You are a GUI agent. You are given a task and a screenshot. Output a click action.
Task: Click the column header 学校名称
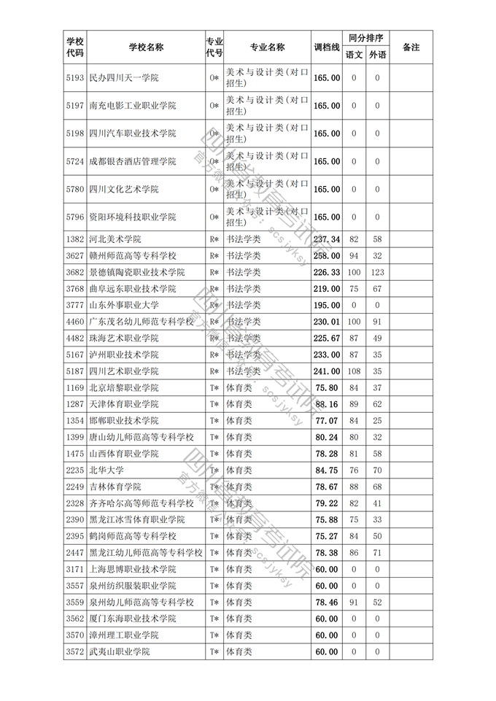pyautogui.click(x=146, y=47)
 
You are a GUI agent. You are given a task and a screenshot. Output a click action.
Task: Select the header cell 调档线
pyautogui.click(x=327, y=47)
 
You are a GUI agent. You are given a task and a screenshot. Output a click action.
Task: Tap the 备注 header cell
pyautogui.click(x=411, y=47)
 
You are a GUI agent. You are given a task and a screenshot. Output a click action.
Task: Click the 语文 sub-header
pyautogui.click(x=354, y=55)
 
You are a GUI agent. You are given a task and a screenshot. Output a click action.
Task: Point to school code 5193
pyautogui.click(x=75, y=78)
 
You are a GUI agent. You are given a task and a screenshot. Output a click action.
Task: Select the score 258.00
pyautogui.click(x=327, y=256)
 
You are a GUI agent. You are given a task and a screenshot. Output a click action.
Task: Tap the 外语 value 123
pyautogui.click(x=377, y=272)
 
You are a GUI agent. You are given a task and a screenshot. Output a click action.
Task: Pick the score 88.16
pyautogui.click(x=327, y=404)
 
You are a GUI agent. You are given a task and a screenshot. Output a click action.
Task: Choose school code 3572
pyautogui.click(x=75, y=652)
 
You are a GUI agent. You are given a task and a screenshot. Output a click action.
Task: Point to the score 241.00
pyautogui.click(x=327, y=371)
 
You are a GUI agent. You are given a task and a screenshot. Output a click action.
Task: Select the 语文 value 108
pyautogui.click(x=354, y=371)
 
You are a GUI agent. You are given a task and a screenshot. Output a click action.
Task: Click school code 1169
pyautogui.click(x=75, y=388)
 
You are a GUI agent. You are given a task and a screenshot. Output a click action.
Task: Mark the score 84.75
pyautogui.click(x=327, y=470)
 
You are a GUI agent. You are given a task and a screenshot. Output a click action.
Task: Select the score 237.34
pyautogui.click(x=327, y=239)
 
